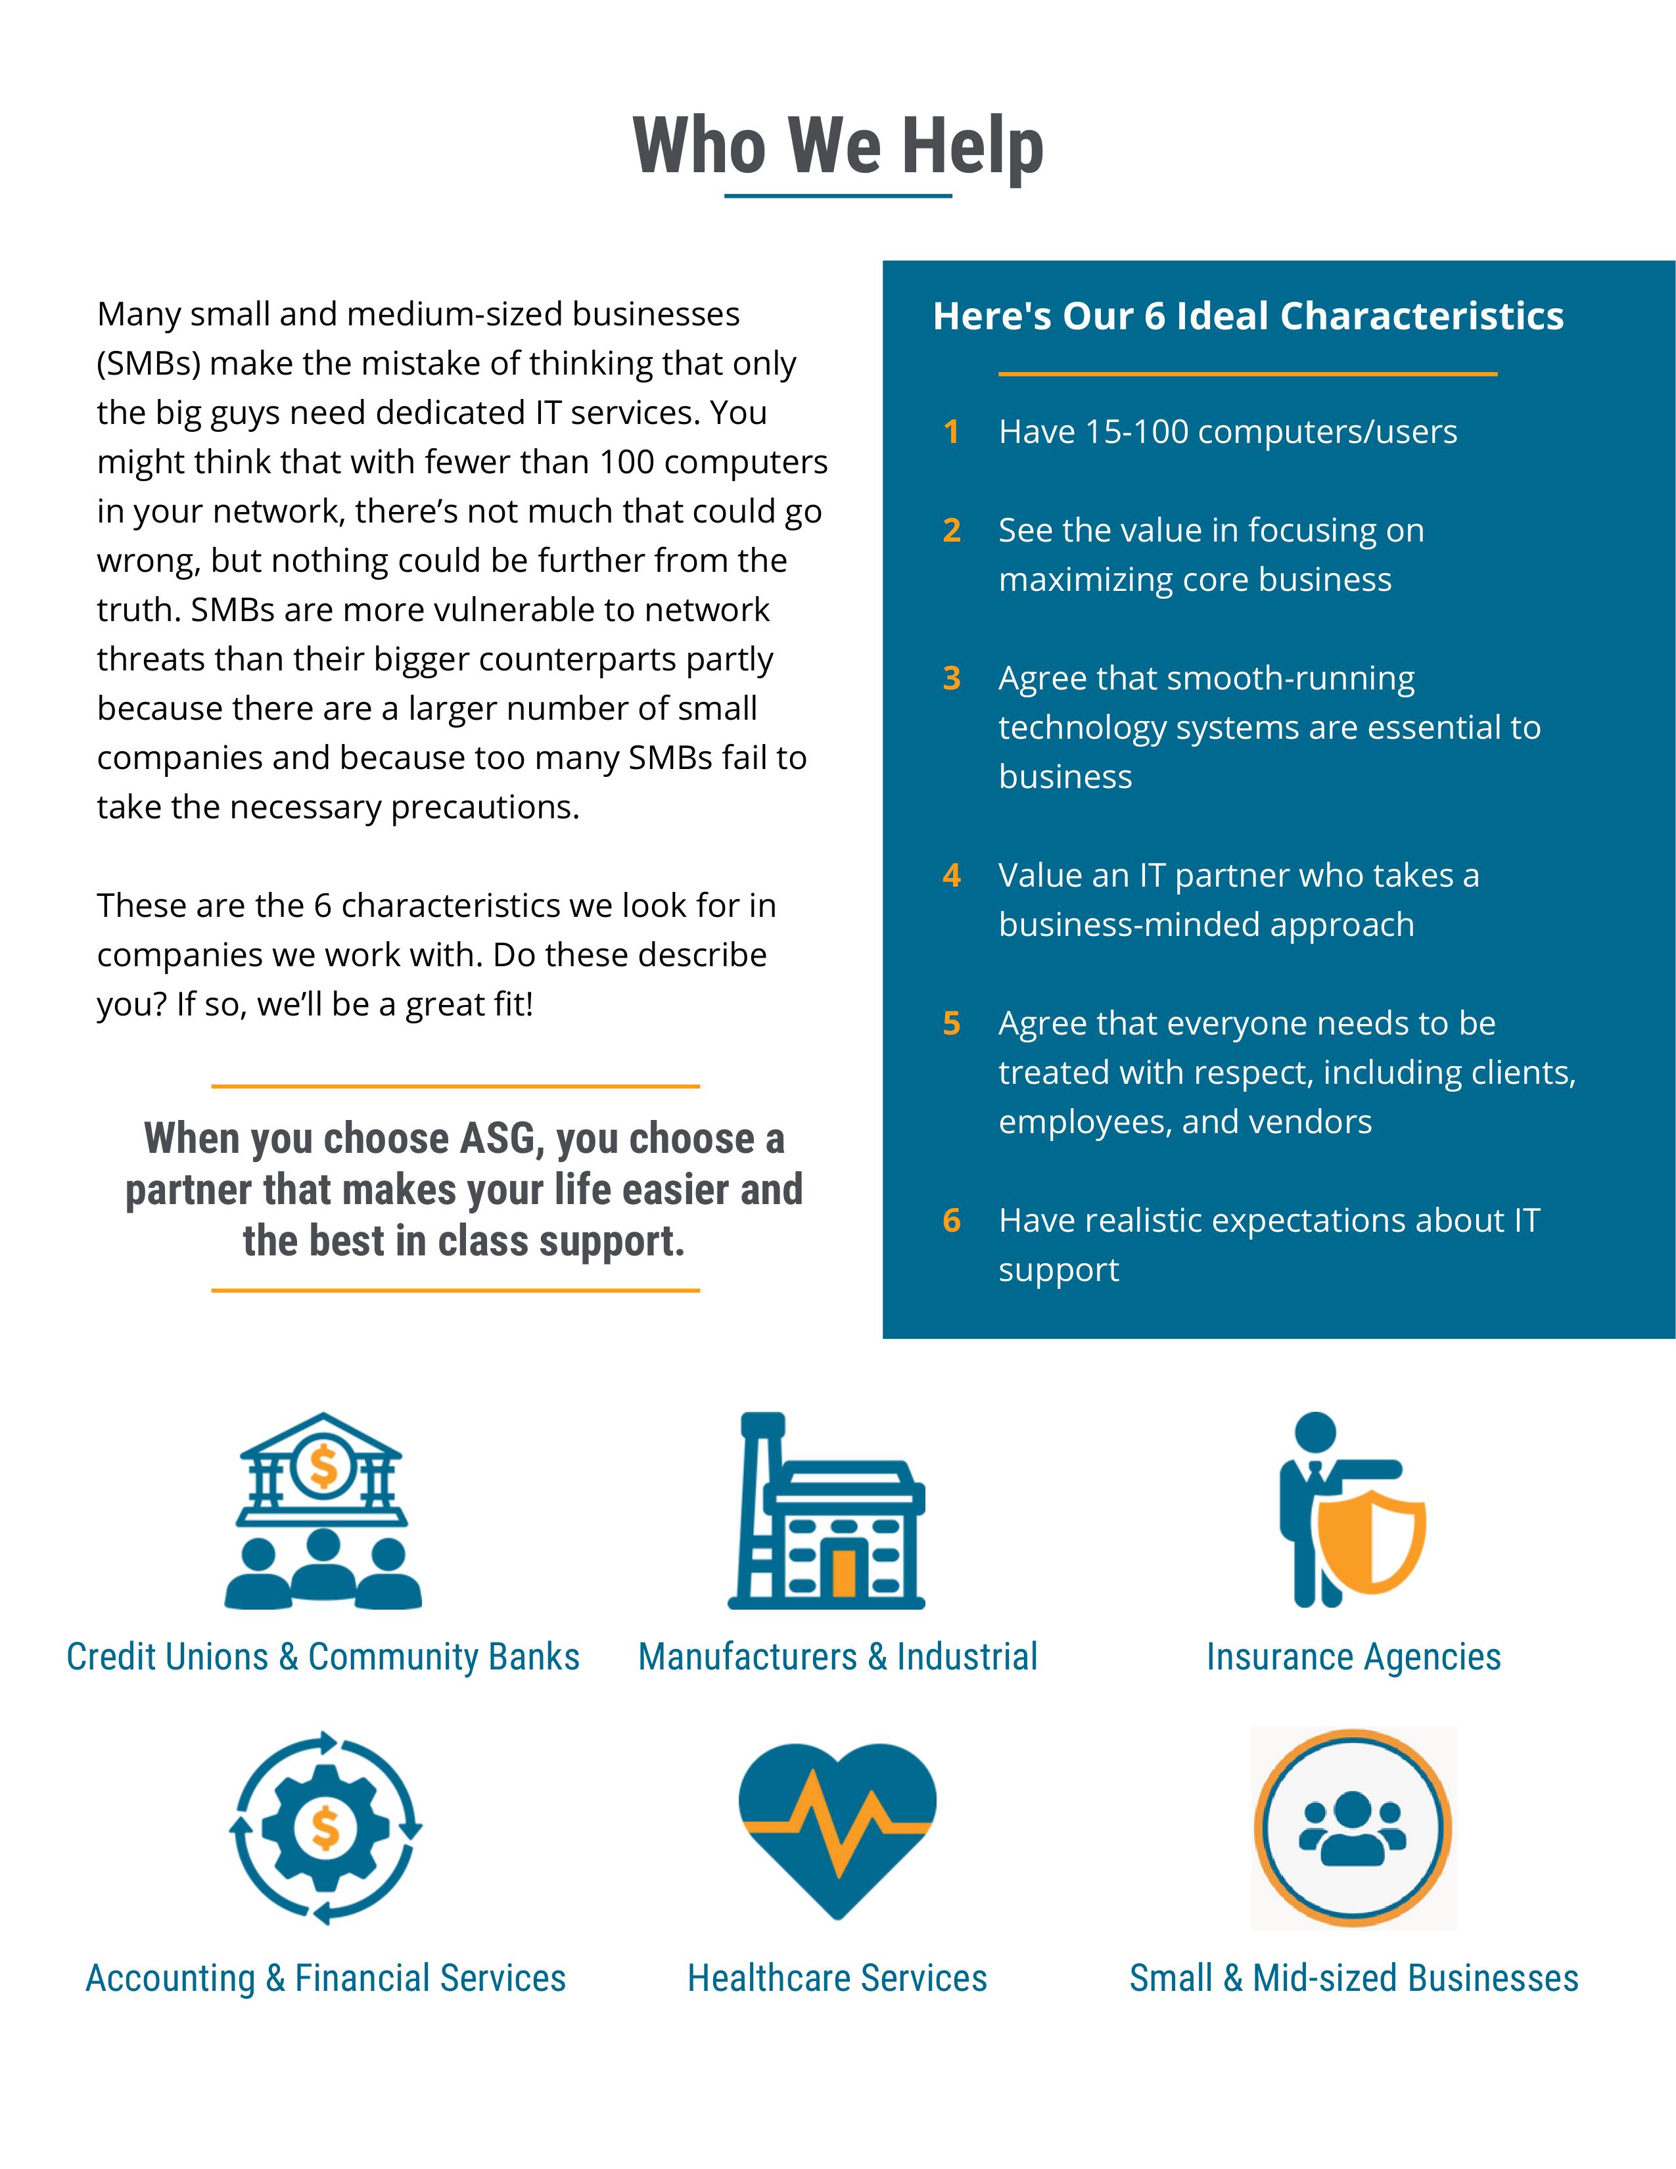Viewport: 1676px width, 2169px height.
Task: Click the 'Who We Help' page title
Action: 838,146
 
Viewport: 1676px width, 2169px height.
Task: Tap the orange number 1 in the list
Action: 951,432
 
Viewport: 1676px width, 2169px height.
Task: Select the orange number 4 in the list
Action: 951,875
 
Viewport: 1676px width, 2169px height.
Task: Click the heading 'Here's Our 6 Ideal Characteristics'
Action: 1248,315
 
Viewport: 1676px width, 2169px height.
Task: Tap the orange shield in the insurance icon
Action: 1371,1539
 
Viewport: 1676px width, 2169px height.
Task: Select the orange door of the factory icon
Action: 844,1572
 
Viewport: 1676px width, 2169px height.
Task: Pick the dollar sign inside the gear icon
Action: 325,1827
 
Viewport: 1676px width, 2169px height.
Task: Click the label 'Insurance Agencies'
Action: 1353,1656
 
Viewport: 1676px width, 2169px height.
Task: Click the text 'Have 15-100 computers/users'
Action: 1227,432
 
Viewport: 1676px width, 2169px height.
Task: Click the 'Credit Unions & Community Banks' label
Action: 323,1656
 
